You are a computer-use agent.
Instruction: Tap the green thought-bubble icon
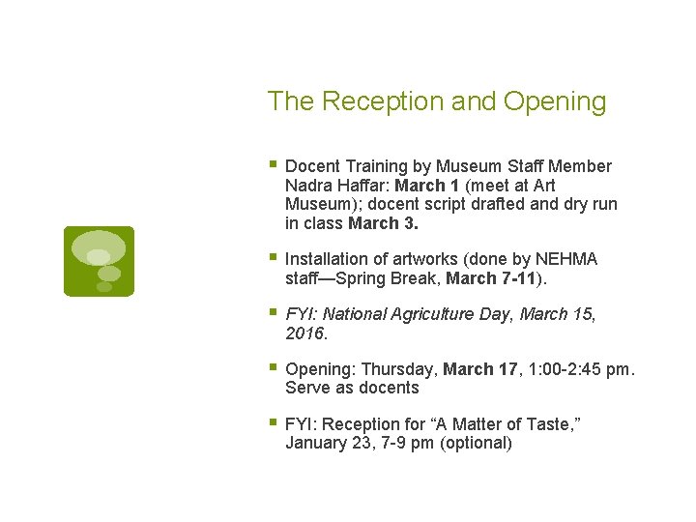pyautogui.click(x=99, y=261)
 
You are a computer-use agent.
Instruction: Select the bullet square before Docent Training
pyautogui.click(x=274, y=165)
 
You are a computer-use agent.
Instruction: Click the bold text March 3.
pyautogui.click(x=384, y=223)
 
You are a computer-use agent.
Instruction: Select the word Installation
pyautogui.click(x=328, y=259)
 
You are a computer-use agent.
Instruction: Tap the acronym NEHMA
pyautogui.click(x=567, y=259)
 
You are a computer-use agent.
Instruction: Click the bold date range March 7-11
pyautogui.click(x=496, y=278)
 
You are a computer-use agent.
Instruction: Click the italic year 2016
pyautogui.click(x=306, y=333)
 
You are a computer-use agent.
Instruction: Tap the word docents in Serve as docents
pyautogui.click(x=389, y=388)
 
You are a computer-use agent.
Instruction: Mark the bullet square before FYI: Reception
pyautogui.click(x=274, y=423)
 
